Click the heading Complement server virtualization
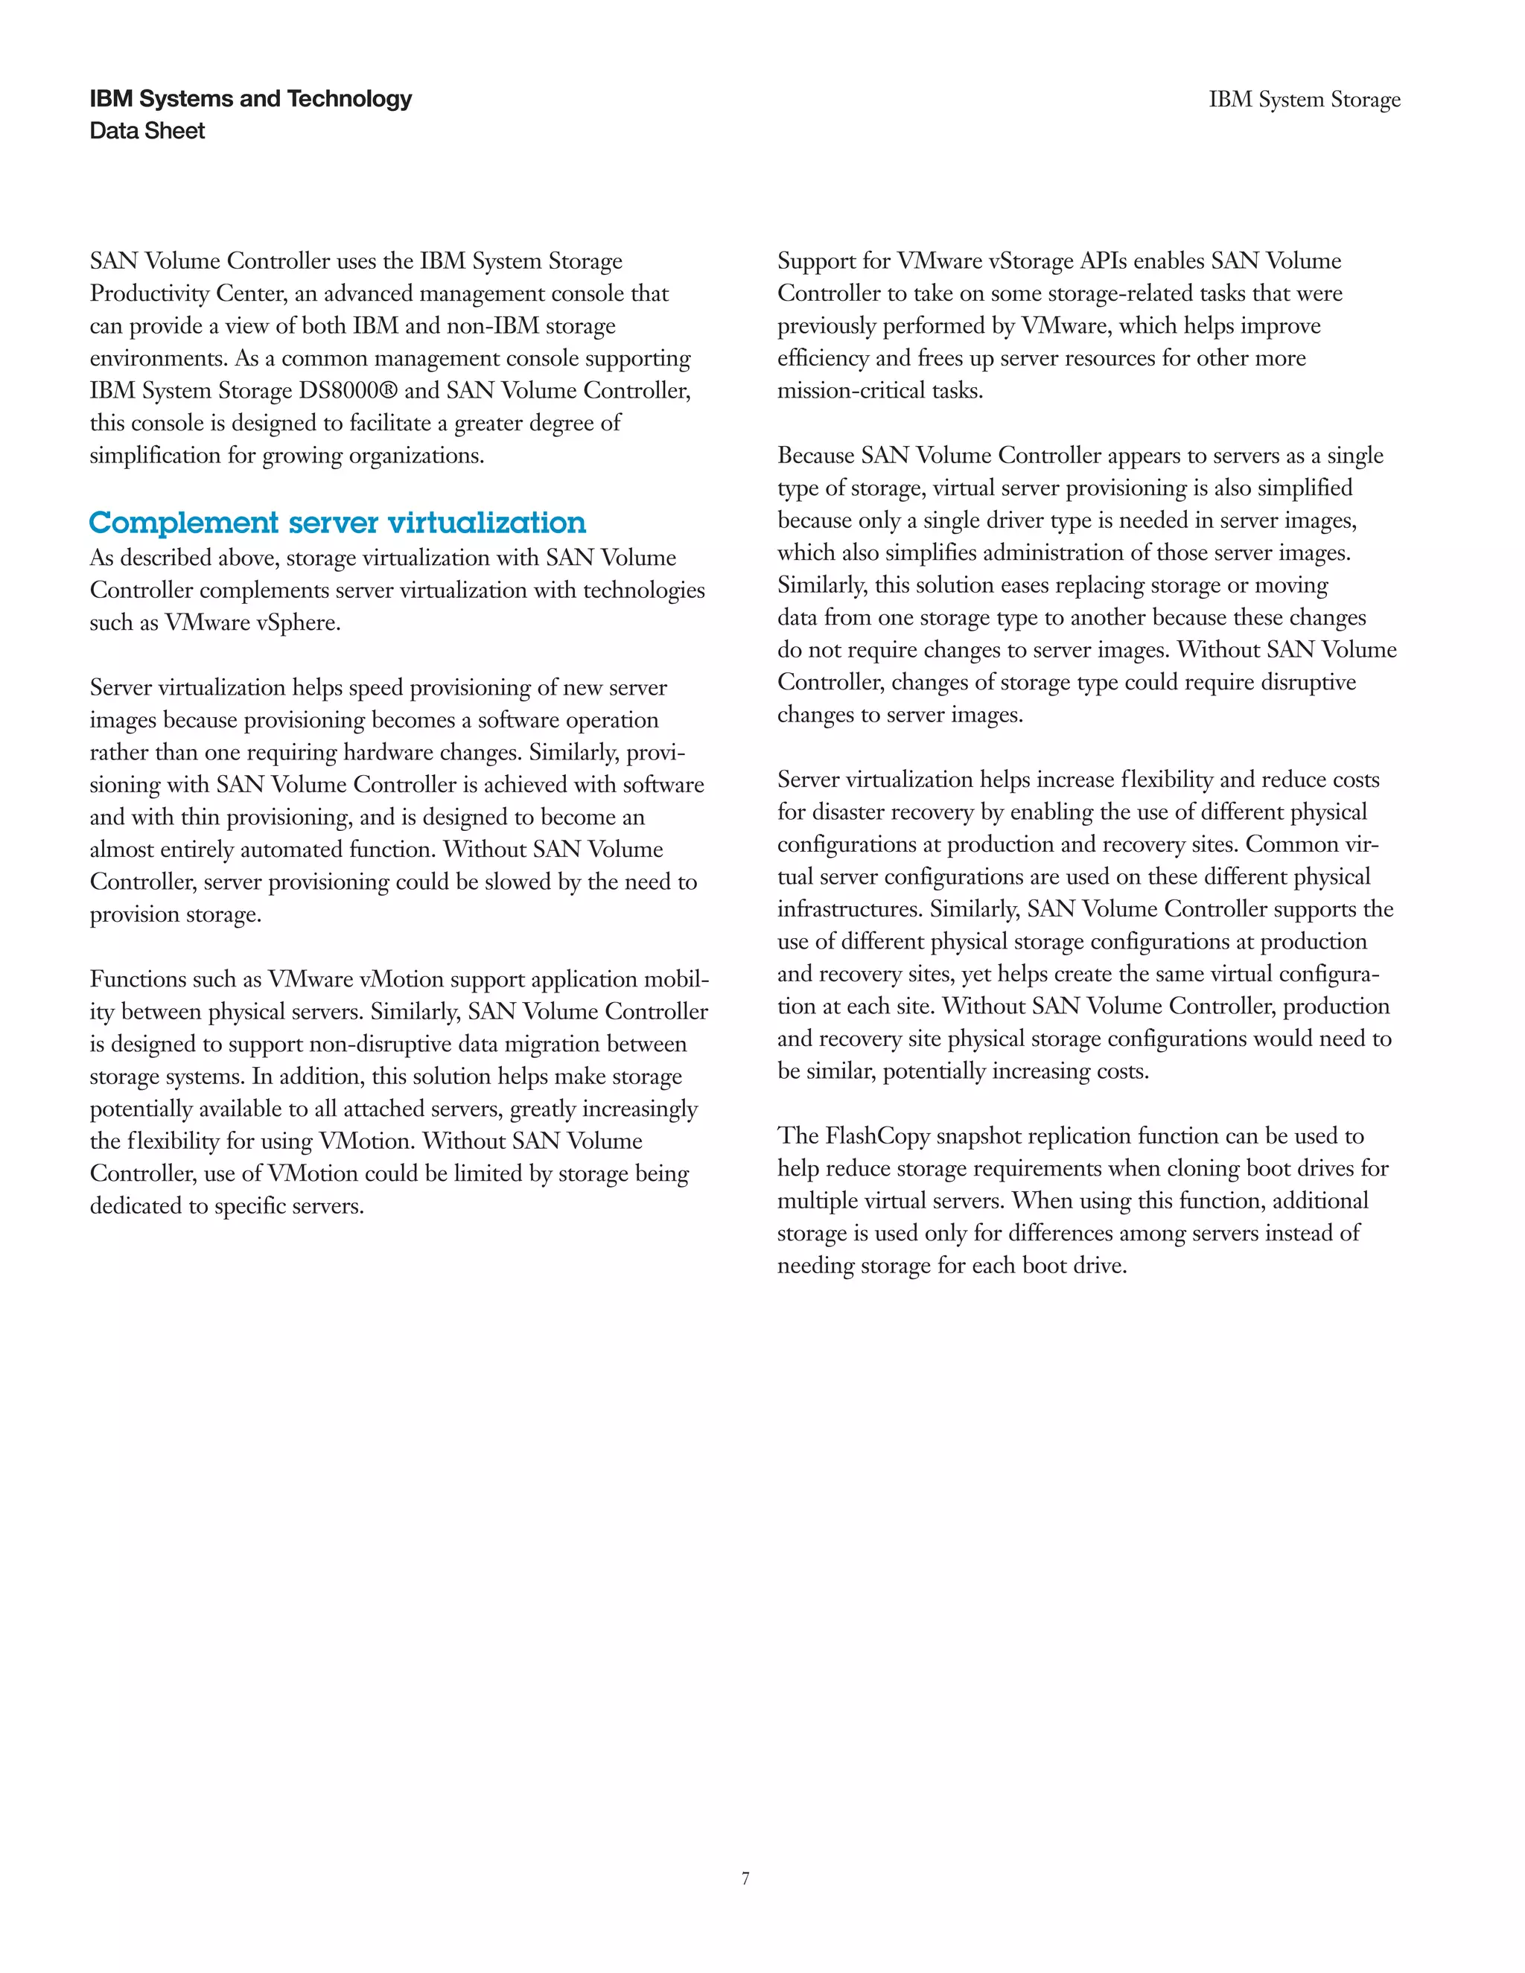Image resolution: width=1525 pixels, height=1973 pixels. [x=337, y=523]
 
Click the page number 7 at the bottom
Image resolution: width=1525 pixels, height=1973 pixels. [x=745, y=1878]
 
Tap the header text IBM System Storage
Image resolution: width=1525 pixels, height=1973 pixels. [x=1305, y=99]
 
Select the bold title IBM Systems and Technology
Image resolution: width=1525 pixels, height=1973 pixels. [x=250, y=98]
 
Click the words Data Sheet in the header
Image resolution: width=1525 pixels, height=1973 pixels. [x=147, y=131]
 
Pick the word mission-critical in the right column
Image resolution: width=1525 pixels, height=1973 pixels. [x=852, y=391]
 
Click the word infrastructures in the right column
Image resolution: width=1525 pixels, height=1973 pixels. [x=850, y=910]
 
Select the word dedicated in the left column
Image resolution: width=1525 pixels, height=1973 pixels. [x=136, y=1206]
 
